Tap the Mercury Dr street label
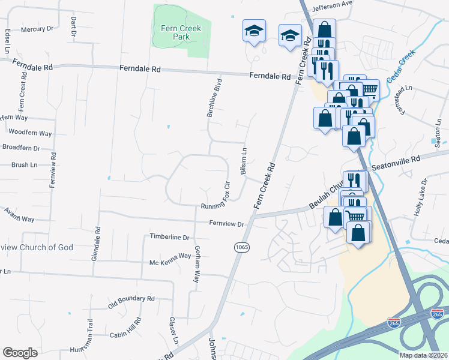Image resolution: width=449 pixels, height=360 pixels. pos(37,29)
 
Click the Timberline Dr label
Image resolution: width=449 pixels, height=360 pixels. pos(169,238)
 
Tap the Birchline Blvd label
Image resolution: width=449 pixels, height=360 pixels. pos(215,97)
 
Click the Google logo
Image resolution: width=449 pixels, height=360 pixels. pos(20,353)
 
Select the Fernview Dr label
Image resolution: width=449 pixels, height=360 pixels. pos(227,224)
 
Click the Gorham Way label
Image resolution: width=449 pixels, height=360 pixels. pos(196,263)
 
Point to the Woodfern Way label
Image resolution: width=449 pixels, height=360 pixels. pos(30,133)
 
